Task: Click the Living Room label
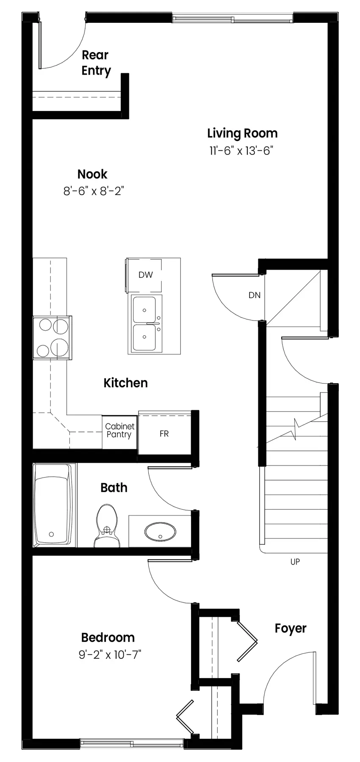242,134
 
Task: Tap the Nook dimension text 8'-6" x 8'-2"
93,191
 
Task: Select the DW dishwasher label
145,275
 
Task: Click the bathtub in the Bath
53,505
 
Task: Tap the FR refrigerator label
164,434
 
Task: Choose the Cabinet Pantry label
119,431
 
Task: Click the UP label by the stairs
295,562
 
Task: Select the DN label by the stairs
255,295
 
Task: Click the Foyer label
291,629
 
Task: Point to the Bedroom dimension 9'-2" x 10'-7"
110,655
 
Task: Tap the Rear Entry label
96,63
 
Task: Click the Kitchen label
126,383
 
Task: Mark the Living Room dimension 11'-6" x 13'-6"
239,151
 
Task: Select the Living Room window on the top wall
233,18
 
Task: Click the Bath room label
114,488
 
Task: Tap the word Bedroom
108,638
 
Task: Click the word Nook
92,174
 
